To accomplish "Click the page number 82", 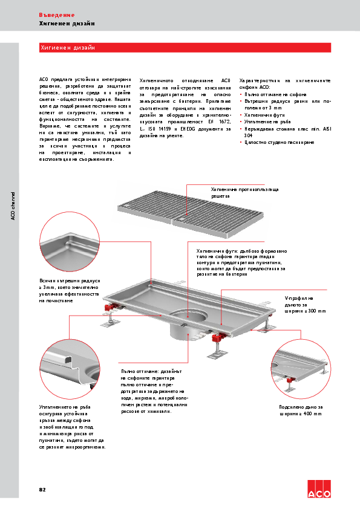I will (x=42, y=488).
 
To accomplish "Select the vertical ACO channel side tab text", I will (x=13, y=206).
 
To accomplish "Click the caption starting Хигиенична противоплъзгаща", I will (x=244, y=193).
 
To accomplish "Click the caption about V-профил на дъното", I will (x=305, y=304).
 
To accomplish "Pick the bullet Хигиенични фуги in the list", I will (x=259, y=114).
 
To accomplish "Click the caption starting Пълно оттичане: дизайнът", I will (x=154, y=391).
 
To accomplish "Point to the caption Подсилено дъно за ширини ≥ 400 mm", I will (x=301, y=410).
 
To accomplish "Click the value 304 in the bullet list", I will (x=248, y=135).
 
